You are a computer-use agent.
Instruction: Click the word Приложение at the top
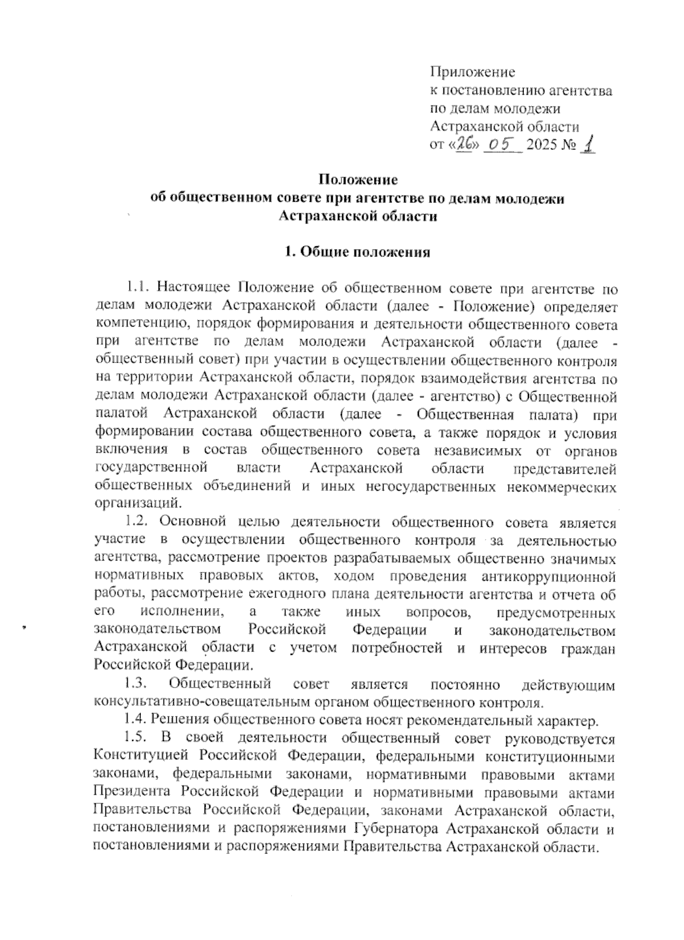tap(473, 72)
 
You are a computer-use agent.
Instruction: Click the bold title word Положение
tap(357, 180)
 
